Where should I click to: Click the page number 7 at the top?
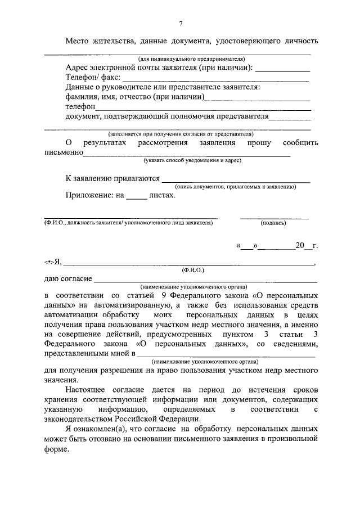pos(181,23)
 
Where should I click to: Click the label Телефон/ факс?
pos(92,78)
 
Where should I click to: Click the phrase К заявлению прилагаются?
pos(112,178)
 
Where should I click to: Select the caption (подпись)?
pos(273,223)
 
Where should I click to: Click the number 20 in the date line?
pos(300,246)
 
